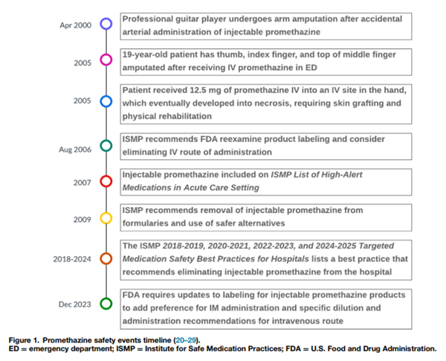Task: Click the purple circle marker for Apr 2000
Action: tap(106, 24)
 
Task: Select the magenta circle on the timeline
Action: tap(106, 60)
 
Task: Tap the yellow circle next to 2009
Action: tap(106, 217)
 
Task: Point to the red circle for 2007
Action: tap(106, 181)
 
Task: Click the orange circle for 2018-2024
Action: tap(106, 258)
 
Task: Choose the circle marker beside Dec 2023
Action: tap(106, 303)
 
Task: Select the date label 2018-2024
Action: tap(71, 259)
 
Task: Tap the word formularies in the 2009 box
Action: tap(150, 224)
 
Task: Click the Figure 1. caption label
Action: tap(24, 339)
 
